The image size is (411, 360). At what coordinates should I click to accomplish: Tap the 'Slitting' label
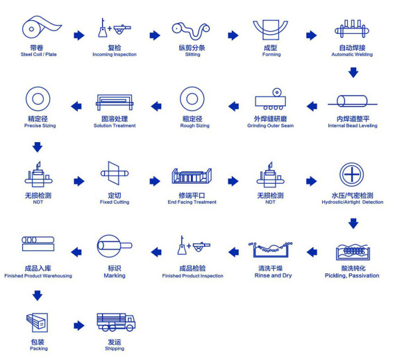tap(193, 55)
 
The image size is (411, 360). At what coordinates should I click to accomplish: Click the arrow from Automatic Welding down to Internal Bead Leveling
tap(353, 73)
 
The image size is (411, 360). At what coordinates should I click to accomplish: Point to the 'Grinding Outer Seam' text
tap(271, 126)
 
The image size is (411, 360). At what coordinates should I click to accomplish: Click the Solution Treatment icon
tap(115, 102)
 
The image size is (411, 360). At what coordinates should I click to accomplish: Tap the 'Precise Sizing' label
tap(40, 126)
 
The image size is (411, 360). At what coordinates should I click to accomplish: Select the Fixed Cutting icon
tap(115, 173)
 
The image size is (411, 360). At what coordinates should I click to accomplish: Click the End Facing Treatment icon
tap(192, 175)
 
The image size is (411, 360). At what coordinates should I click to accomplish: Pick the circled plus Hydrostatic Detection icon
tap(352, 175)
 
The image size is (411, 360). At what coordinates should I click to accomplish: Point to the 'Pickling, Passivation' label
tap(352, 275)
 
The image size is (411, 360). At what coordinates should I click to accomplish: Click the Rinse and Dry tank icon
tap(271, 250)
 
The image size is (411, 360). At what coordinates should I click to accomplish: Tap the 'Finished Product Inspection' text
tap(193, 276)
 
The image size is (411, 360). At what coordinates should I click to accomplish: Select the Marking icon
tap(115, 246)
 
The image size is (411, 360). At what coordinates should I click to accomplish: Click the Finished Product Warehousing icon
tap(38, 243)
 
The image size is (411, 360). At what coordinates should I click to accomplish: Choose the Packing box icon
tap(37, 323)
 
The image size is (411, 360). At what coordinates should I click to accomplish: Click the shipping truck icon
tap(116, 323)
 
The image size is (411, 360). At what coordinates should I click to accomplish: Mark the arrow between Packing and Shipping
tap(79, 326)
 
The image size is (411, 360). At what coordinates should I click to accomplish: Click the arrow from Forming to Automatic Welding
tap(312, 35)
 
